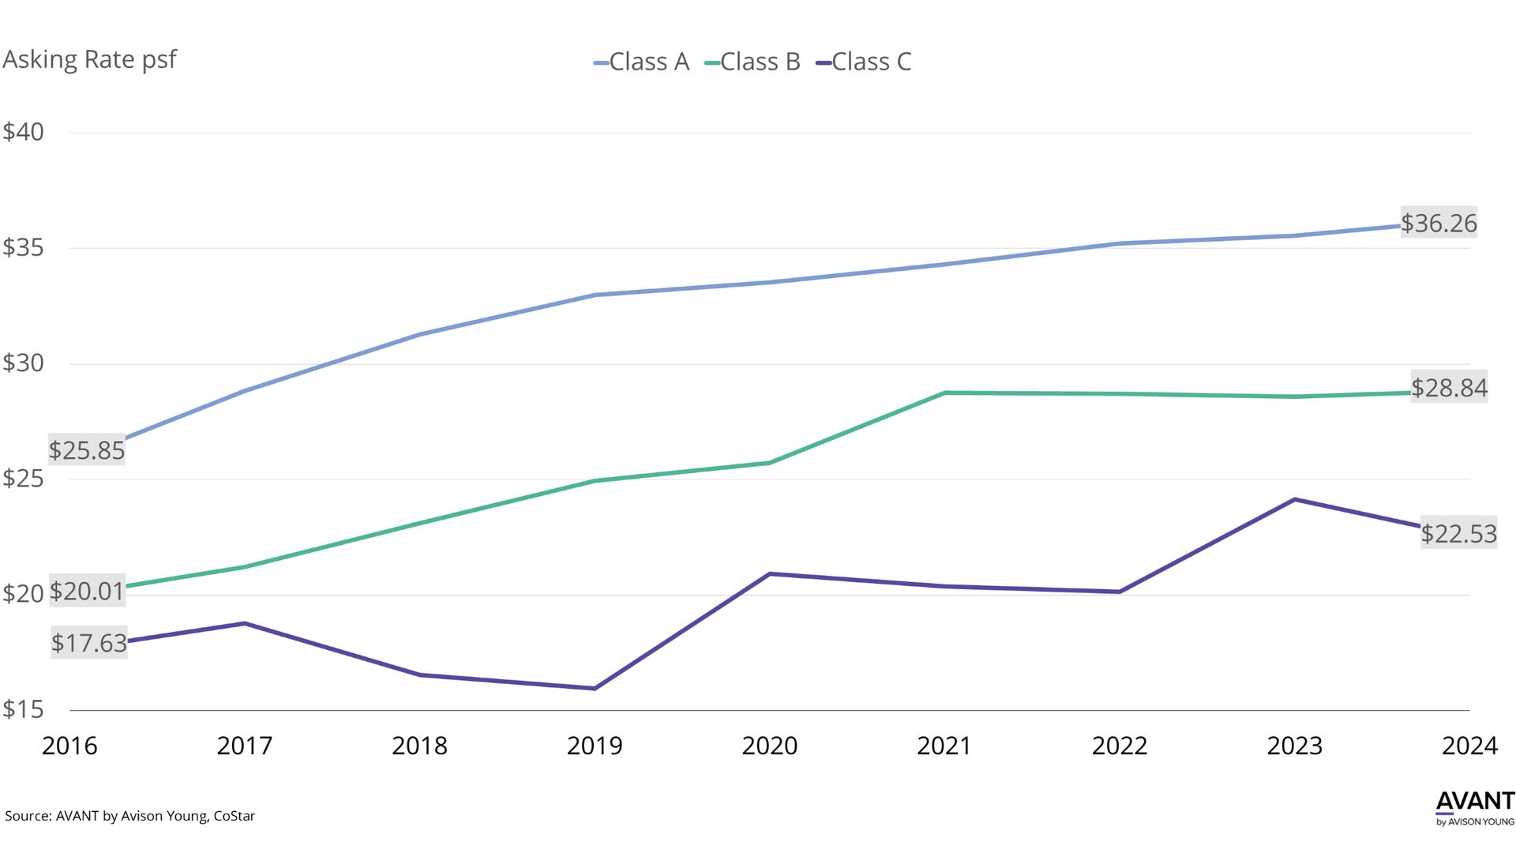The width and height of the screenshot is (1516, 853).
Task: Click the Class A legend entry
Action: point(641,62)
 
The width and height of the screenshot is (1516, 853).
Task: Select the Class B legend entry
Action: point(752,62)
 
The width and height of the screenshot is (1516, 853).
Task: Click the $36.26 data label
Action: point(1439,224)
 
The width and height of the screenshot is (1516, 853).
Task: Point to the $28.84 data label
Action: point(1449,388)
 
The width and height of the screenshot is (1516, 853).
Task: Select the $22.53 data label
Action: point(1458,534)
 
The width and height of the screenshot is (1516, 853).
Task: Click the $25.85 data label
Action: point(87,450)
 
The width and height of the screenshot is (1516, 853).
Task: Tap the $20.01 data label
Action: point(87,591)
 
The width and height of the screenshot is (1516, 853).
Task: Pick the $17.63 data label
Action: point(88,643)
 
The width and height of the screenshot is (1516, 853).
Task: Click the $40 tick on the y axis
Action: point(24,132)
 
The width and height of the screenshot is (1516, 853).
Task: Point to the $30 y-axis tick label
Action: point(24,363)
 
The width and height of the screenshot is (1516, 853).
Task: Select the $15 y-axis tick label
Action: point(24,709)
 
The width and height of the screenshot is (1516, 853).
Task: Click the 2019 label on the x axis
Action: point(595,746)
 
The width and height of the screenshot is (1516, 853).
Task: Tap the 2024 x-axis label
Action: point(1469,746)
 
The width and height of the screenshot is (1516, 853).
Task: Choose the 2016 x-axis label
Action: point(69,746)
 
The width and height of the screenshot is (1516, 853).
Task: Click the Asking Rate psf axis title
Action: point(89,59)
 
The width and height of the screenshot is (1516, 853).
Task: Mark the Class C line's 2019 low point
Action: point(595,689)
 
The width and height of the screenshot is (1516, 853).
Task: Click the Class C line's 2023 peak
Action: point(1294,499)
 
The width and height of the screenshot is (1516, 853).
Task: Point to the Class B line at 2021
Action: point(945,393)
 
